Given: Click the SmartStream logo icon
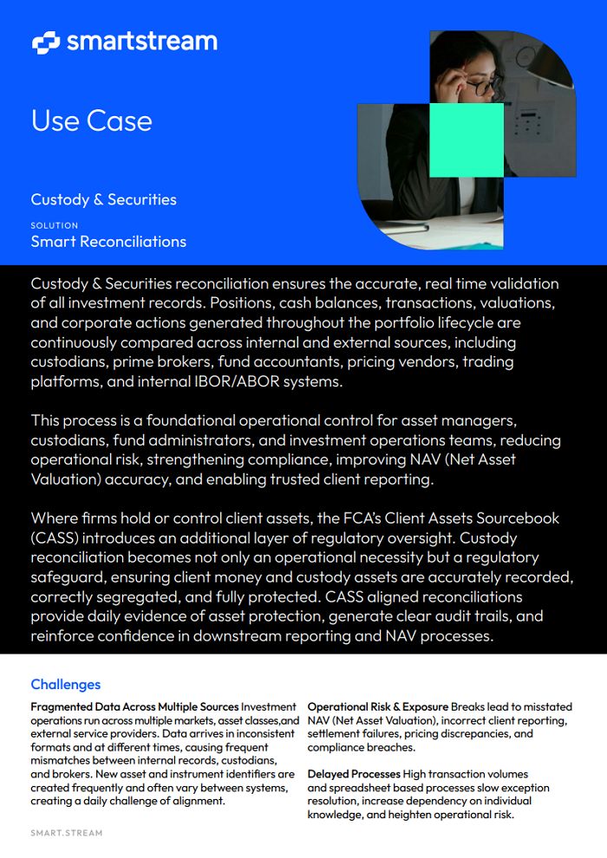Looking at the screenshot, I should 45,42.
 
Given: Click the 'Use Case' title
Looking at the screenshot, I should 91,120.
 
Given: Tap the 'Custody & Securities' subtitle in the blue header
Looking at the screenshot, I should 103,199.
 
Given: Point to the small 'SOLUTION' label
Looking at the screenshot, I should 54,225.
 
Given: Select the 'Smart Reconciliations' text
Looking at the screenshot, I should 108,242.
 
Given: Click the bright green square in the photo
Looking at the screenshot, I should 467,139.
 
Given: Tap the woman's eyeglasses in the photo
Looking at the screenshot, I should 480,85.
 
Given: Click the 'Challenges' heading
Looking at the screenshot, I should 66,685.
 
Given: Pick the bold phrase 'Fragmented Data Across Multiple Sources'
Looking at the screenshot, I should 134,707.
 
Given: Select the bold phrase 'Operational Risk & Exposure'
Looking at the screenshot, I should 378,707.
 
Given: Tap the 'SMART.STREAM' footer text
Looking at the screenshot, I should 67,833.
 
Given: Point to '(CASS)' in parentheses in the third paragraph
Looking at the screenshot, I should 56,537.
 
